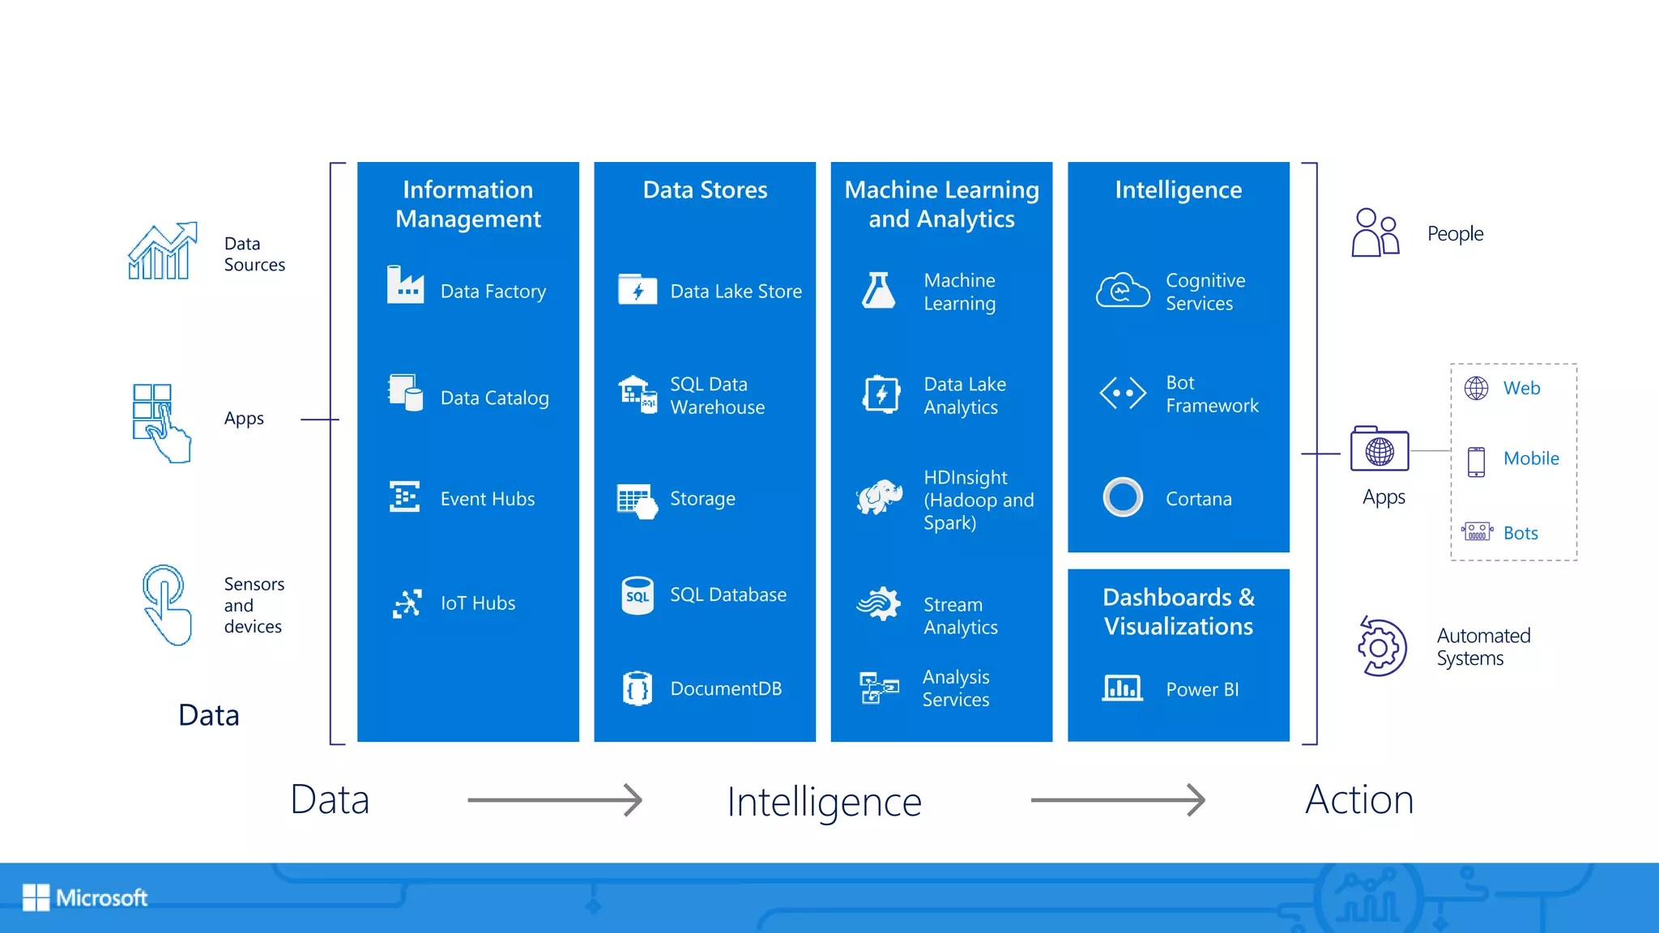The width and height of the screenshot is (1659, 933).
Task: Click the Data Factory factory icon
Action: coord(405,285)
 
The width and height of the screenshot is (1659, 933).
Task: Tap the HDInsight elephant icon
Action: coord(880,496)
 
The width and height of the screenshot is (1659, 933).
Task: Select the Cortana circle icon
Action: coord(1123,497)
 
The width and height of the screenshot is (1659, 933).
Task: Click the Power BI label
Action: coord(1202,689)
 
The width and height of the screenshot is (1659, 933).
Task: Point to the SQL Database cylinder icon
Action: coord(638,595)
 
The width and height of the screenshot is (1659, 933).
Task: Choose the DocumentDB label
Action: coord(726,688)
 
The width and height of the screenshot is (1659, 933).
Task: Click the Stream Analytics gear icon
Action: coord(879,604)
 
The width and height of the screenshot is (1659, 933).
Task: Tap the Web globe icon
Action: coord(1476,389)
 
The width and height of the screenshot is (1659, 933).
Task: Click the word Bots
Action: coord(1520,533)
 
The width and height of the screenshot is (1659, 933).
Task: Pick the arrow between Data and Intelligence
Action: coord(555,800)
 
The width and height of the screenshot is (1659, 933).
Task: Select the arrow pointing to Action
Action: coord(1118,800)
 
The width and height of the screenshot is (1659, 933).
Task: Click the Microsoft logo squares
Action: coord(36,897)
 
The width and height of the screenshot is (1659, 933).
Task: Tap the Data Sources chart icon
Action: coord(162,251)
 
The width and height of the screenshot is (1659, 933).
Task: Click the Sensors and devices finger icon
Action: coord(166,604)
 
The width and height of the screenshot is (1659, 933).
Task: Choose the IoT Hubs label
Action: coord(478,603)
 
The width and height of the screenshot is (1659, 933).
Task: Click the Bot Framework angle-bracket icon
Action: coord(1123,394)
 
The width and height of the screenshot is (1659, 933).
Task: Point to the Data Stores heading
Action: coord(705,190)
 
